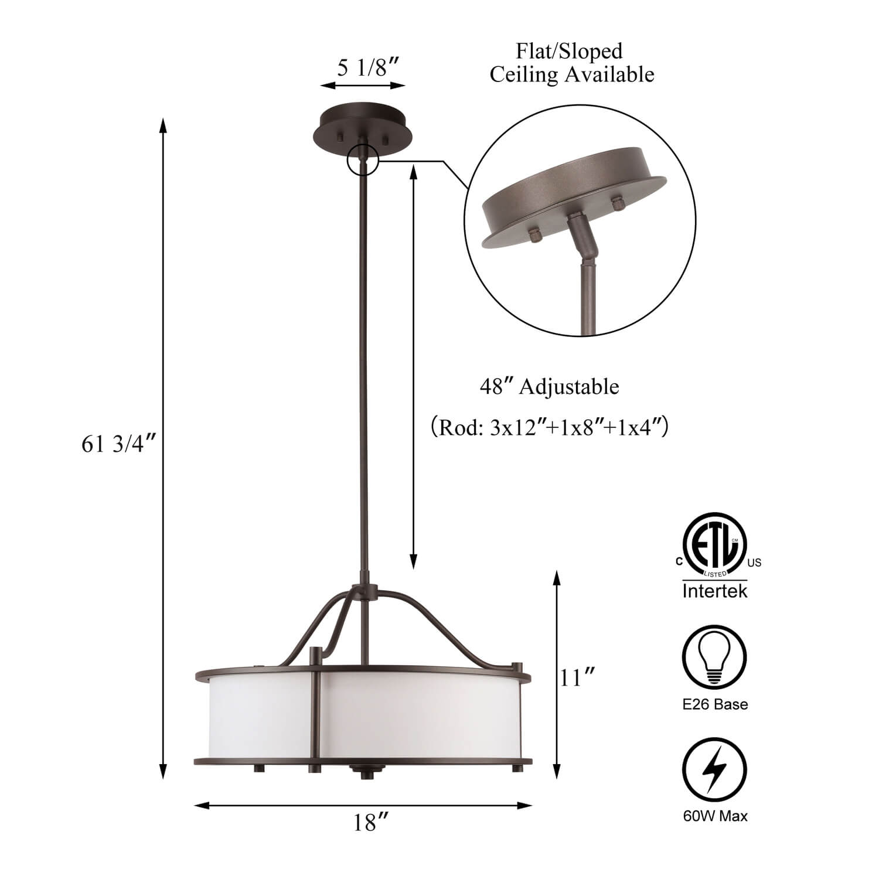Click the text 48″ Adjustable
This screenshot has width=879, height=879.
point(549,387)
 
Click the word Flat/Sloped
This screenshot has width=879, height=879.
point(569,51)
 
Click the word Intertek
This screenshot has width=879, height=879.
point(715,591)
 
